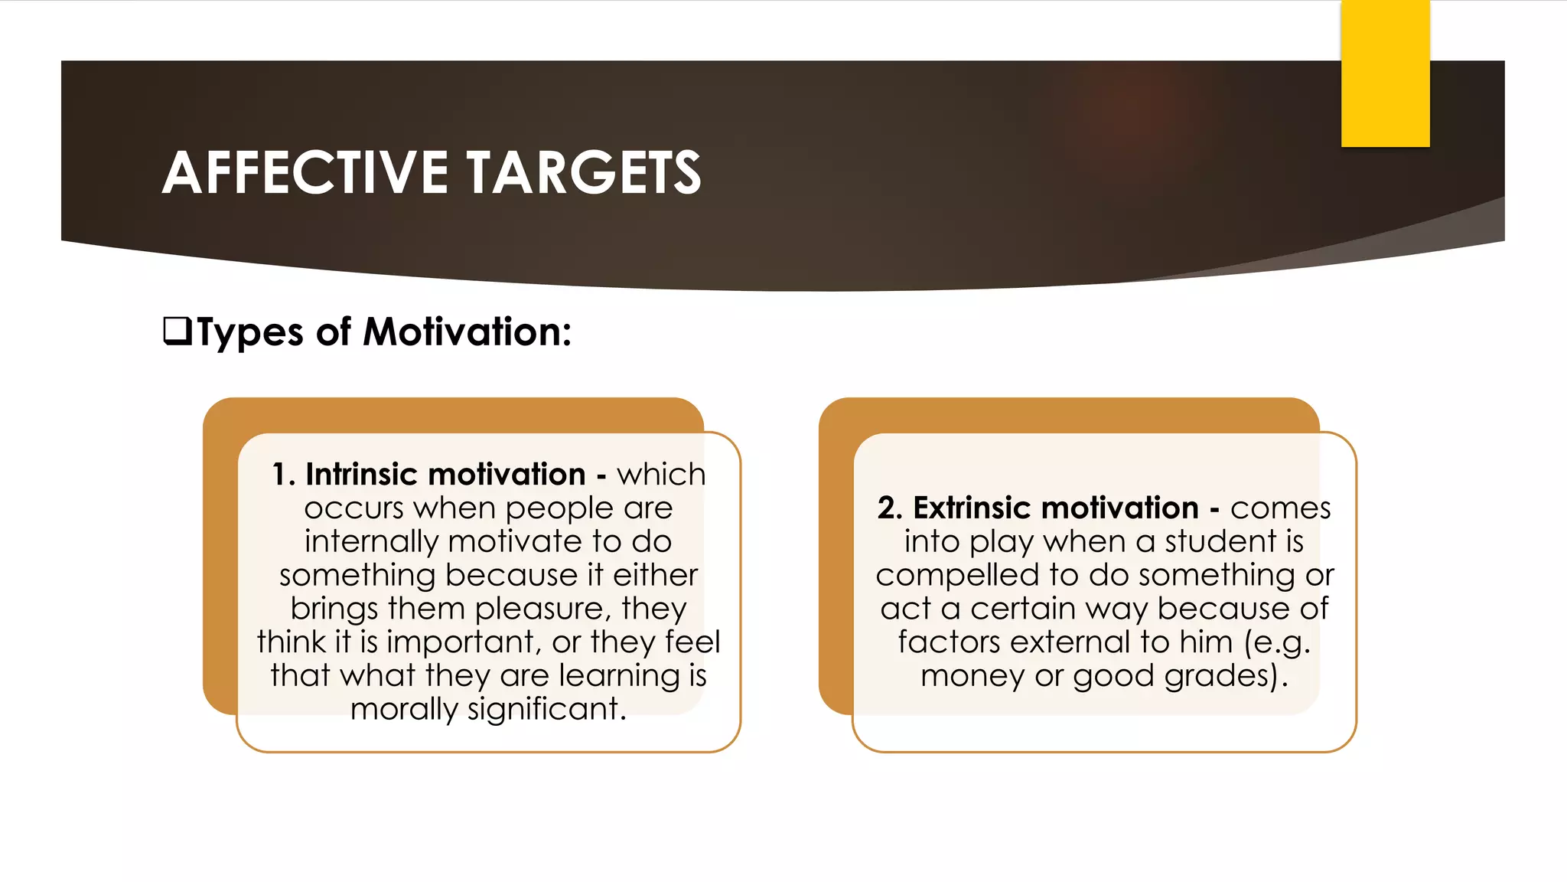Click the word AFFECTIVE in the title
click(305, 172)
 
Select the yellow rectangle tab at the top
click(1385, 73)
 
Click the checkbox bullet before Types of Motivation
click(178, 332)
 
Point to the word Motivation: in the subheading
click(467, 332)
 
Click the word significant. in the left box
click(547, 710)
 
